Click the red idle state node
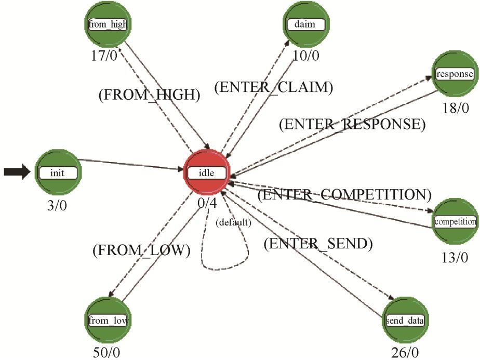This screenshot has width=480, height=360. pos(206,173)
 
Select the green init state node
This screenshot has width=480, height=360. pos(57,173)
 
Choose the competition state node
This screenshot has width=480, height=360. pos(455,222)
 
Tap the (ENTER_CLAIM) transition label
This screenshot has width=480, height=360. pos(273,88)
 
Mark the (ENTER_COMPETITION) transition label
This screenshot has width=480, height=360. pos(344,195)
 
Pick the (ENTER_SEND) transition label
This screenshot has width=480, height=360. pos(318,243)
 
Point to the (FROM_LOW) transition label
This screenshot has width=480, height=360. pos(141,250)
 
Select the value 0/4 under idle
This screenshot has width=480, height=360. pos(206,203)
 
